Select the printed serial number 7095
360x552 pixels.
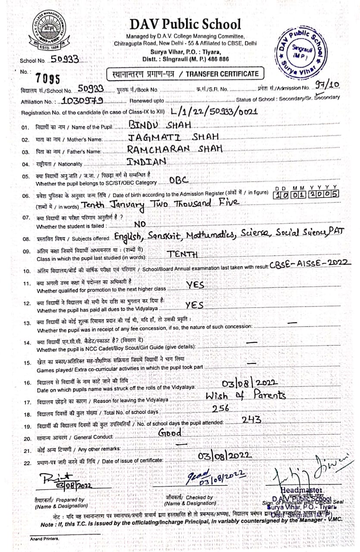point(47,78)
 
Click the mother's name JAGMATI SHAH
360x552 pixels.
point(174,137)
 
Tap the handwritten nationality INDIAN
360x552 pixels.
point(147,161)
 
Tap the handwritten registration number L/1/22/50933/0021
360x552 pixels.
point(214,112)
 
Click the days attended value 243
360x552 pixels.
point(251,419)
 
